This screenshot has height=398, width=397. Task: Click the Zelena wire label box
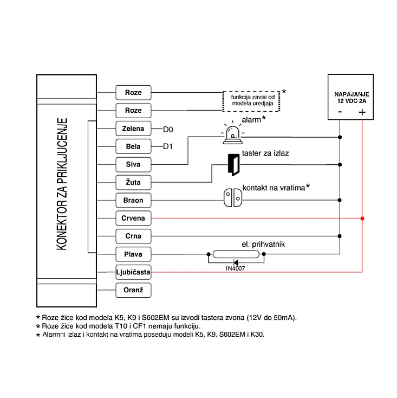click(x=133, y=129)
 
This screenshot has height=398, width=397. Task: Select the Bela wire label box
click(x=133, y=146)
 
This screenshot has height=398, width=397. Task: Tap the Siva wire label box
click(x=133, y=164)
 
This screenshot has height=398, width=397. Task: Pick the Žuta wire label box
click(x=133, y=183)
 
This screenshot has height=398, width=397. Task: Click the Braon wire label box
click(x=133, y=201)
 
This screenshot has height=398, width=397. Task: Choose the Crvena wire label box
click(x=133, y=219)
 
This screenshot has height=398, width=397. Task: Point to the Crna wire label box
click(x=133, y=236)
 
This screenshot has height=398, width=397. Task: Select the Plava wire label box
click(x=133, y=254)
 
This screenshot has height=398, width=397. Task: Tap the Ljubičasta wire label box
click(x=133, y=272)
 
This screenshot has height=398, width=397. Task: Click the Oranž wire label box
click(x=133, y=290)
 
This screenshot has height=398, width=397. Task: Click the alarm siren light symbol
click(x=232, y=134)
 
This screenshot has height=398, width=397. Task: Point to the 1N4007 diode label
click(x=235, y=268)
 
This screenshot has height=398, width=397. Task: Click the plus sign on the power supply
click(x=362, y=112)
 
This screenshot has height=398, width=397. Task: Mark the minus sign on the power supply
click(x=340, y=112)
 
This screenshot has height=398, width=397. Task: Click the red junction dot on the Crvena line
click(x=362, y=219)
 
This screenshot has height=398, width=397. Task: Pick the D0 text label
click(x=168, y=129)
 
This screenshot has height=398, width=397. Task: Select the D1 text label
click(x=168, y=147)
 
